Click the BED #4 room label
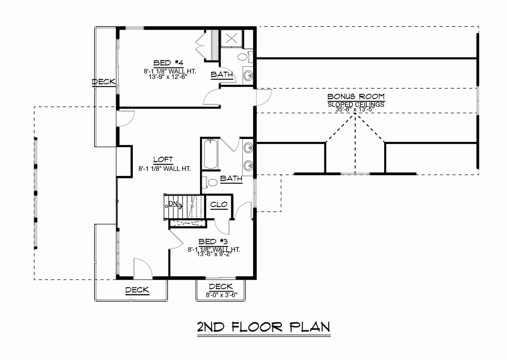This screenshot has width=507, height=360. pyautogui.click(x=168, y=63)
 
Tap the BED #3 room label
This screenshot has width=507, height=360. pyautogui.click(x=213, y=241)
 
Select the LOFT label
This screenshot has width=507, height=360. pyautogui.click(x=163, y=160)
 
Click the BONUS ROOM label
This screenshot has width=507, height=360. pyautogui.click(x=356, y=97)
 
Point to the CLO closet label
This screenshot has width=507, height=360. pyautogui.click(x=219, y=205)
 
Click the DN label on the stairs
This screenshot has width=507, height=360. pyautogui.click(x=173, y=203)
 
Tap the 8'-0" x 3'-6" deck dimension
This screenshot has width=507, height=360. pyautogui.click(x=221, y=295)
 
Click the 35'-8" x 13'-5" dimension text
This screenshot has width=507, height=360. pyautogui.click(x=355, y=109)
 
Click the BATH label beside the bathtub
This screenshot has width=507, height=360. pyautogui.click(x=231, y=178)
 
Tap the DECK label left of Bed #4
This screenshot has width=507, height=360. pyautogui.click(x=104, y=82)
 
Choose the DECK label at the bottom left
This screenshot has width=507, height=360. pyautogui.click(x=137, y=290)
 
